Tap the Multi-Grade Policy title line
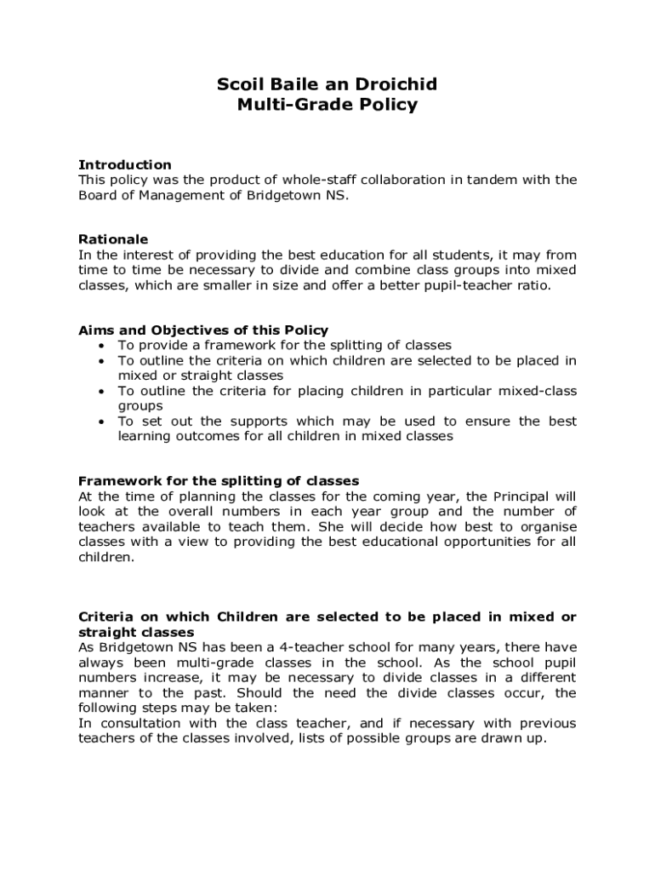pos(327,105)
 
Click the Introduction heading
pos(125,164)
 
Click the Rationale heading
pos(113,239)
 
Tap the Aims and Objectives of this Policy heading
pos(203,330)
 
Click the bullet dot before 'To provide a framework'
pos(101,346)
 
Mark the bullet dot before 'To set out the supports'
pos(101,422)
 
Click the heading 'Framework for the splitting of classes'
pos(219,480)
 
